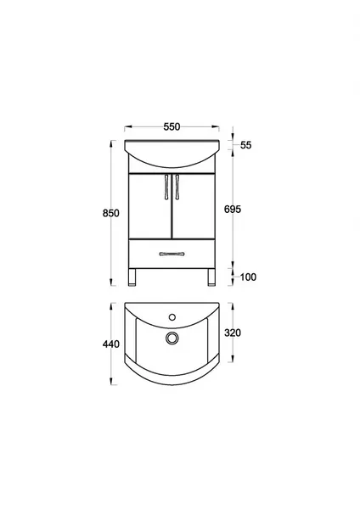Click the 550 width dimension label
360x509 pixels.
172,126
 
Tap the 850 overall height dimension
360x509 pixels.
110,213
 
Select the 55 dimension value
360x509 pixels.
246,145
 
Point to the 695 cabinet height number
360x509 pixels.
233,210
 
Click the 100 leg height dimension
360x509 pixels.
248,277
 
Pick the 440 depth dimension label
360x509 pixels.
110,344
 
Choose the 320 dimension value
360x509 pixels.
233,333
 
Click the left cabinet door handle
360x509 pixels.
166,187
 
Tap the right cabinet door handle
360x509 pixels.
177,187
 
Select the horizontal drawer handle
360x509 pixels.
172,254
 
